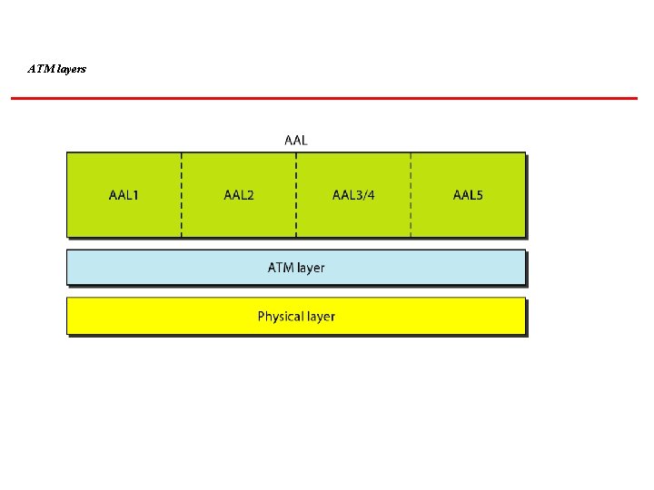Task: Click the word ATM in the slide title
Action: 38,68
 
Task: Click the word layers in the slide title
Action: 69,69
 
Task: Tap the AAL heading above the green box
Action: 296,140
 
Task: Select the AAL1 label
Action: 124,195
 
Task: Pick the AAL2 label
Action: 239,195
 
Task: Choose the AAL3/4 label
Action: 353,195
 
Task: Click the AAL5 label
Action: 469,195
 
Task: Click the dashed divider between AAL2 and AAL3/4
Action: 296,218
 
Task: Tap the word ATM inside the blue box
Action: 280,268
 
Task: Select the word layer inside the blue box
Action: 310,269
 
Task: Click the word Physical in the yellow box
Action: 280,317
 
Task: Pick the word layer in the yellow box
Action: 320,318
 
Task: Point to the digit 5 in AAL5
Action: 479,195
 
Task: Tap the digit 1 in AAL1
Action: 135,195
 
